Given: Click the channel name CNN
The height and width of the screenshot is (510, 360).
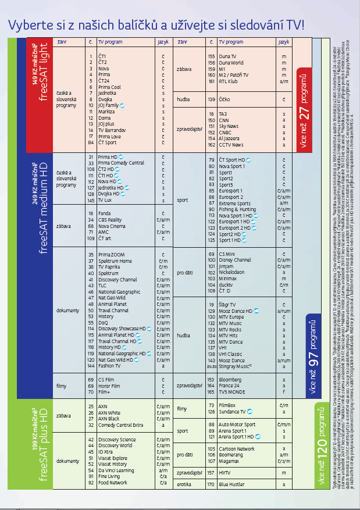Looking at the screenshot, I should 224,120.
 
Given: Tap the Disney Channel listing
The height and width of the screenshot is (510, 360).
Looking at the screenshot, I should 235,260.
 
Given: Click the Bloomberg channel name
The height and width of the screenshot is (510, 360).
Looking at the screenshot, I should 230,379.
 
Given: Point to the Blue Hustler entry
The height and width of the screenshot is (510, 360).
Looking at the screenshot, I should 231,484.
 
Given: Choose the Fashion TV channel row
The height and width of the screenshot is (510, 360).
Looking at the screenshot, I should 109,366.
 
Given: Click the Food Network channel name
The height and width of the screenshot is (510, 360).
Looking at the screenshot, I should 112,482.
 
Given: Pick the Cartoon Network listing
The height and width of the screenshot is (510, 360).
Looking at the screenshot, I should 236,448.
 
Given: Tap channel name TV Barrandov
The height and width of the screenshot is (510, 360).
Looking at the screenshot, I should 112,130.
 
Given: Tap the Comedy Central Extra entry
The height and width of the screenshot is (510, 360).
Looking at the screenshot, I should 120,425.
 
